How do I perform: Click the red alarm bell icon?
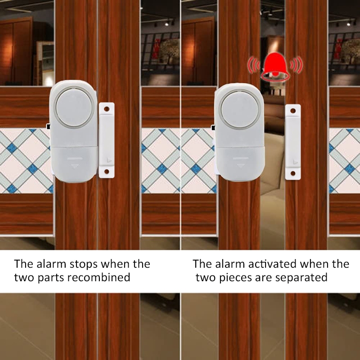click(x=275, y=67)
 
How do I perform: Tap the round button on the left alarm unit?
click(x=74, y=108)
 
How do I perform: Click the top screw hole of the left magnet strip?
click(x=107, y=109)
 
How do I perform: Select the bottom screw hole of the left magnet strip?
click(x=107, y=171)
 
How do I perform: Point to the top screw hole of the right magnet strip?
click(x=293, y=111)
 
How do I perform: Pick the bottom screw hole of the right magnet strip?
click(x=293, y=173)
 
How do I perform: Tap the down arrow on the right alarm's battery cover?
click(x=241, y=166)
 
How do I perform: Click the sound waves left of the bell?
click(x=253, y=65)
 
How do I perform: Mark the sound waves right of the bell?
click(x=296, y=65)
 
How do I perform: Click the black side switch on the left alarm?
click(x=48, y=126)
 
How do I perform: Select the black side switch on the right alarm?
click(x=213, y=128)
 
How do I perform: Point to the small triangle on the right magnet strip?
click(x=295, y=162)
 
